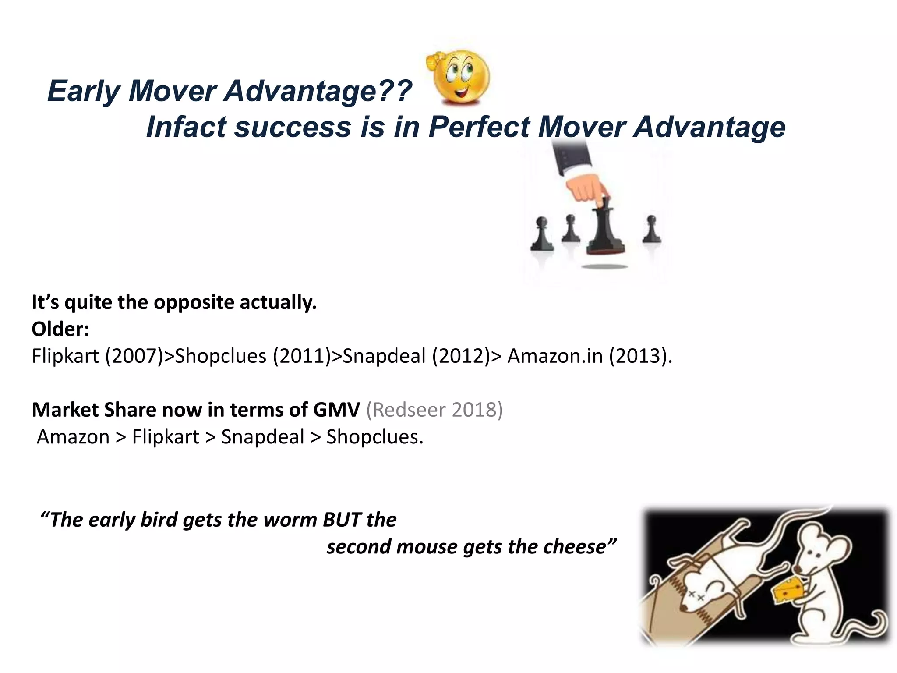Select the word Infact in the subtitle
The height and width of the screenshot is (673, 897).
coord(186,127)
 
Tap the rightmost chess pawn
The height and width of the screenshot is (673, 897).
coord(651,230)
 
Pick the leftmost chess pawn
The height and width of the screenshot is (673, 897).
coord(542,234)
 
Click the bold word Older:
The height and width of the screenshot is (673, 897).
coord(60,329)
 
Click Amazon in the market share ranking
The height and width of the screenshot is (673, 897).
coord(73,437)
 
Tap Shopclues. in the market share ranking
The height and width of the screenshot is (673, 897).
coord(375,437)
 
